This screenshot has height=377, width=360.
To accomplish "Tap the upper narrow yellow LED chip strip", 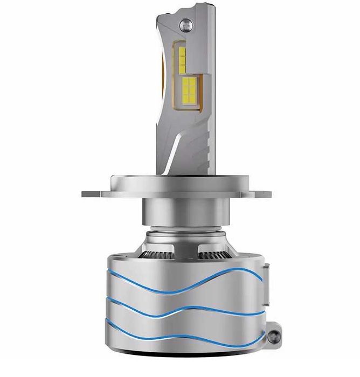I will pyautogui.click(x=182, y=57).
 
